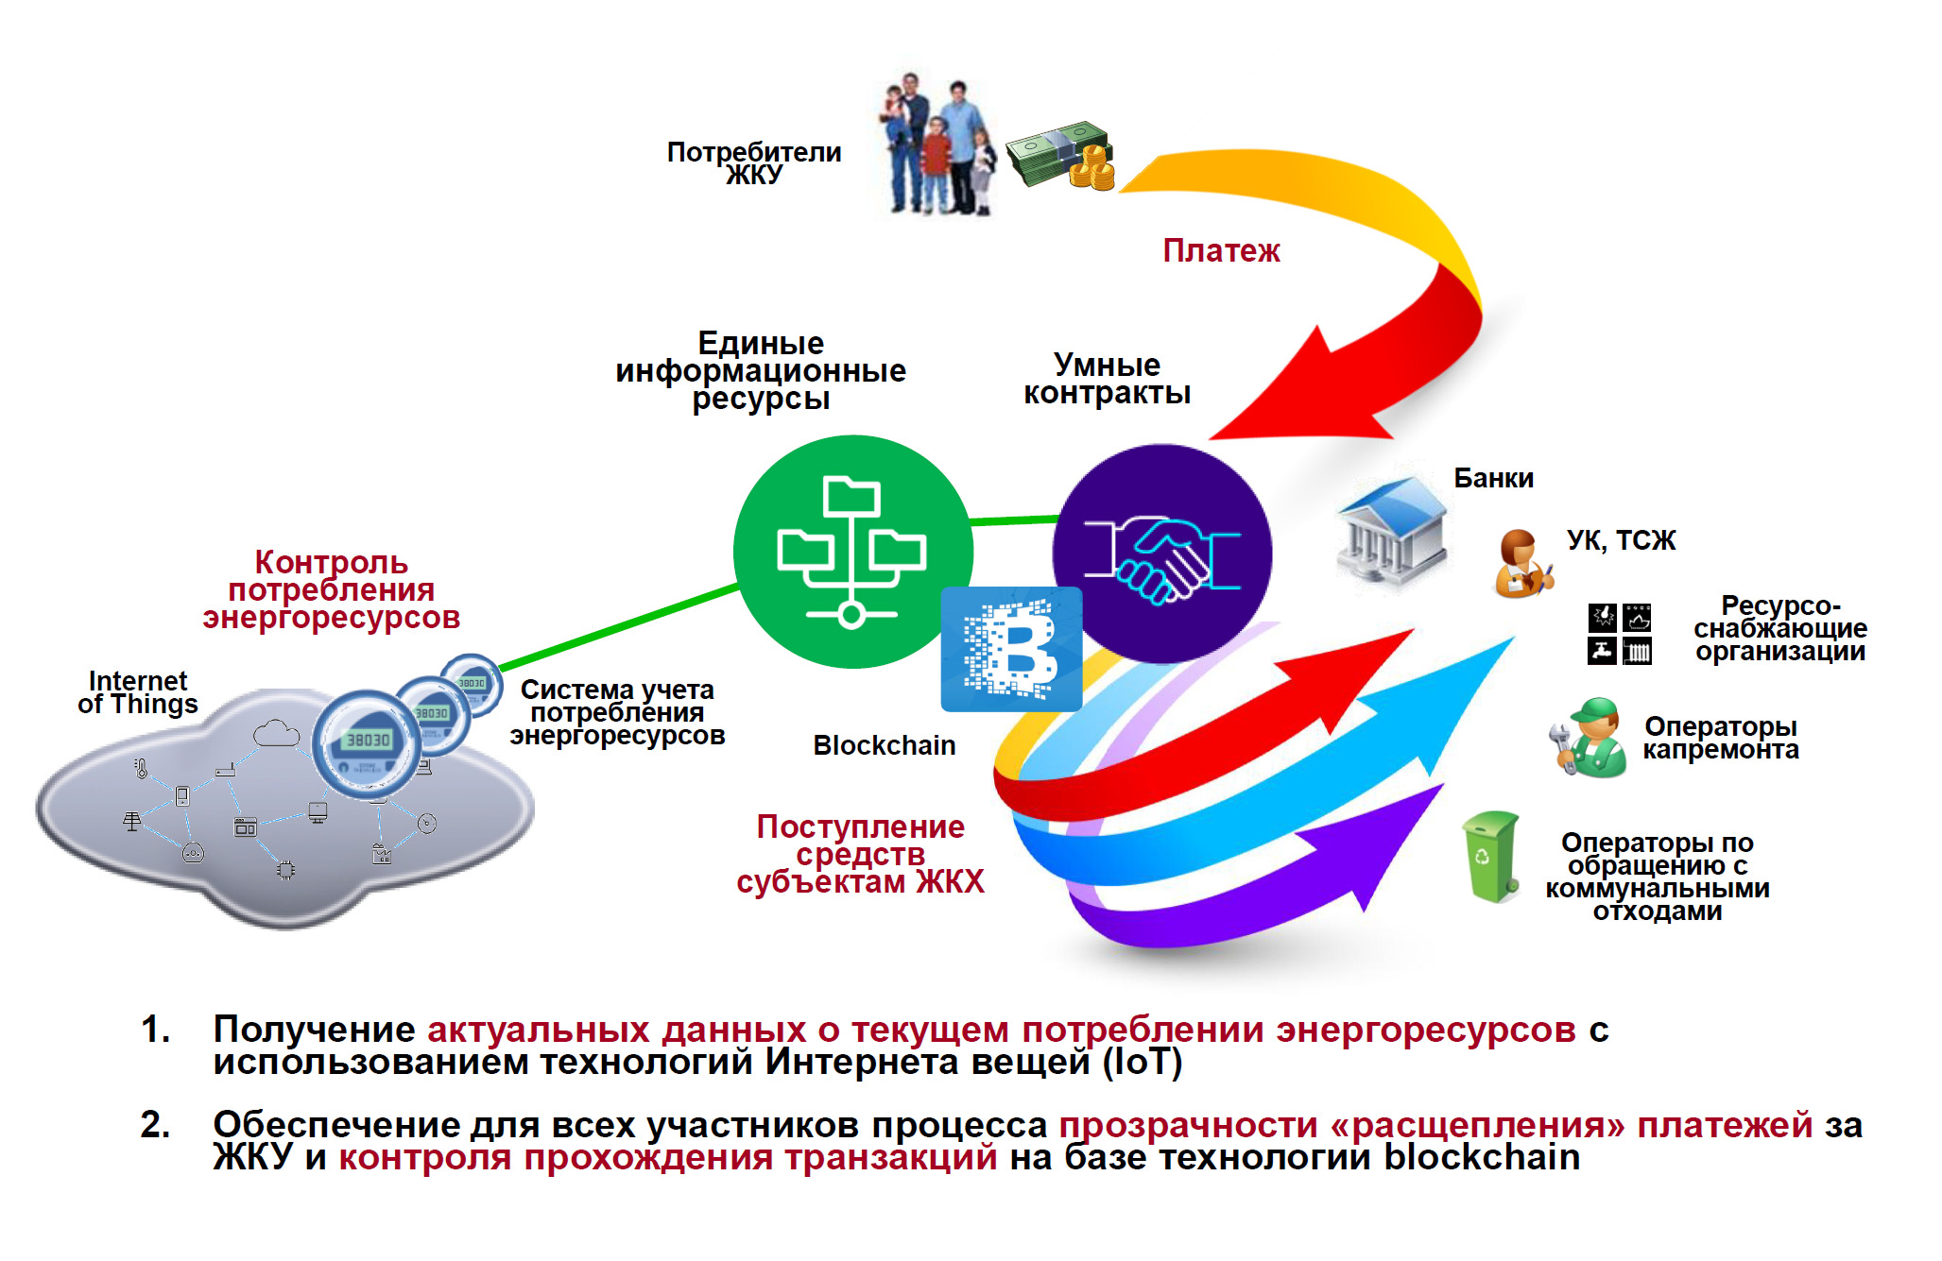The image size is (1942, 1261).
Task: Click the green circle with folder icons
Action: click(x=852, y=552)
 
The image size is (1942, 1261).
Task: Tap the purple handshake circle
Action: click(x=1162, y=554)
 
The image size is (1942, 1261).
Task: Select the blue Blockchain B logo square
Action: click(x=1011, y=650)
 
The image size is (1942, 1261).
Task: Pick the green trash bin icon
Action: click(x=1490, y=856)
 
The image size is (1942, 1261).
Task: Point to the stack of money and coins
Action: click(x=1060, y=156)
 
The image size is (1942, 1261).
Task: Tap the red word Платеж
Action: click(x=1221, y=251)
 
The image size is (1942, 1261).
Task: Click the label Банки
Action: click(x=1493, y=478)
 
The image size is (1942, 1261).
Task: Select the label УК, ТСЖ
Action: click(x=1621, y=540)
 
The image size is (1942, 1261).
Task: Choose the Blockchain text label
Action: click(x=884, y=745)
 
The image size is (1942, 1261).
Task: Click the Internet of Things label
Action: click(x=138, y=692)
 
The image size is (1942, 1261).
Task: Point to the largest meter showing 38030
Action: click(x=367, y=743)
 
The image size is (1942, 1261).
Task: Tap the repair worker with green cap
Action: click(x=1590, y=738)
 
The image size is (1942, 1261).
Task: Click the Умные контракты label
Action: click(x=1107, y=379)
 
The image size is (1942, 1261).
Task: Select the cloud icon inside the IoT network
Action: click(x=275, y=733)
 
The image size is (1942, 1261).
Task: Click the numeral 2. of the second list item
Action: click(x=155, y=1124)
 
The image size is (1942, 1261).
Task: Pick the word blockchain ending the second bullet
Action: click(x=1482, y=1157)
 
